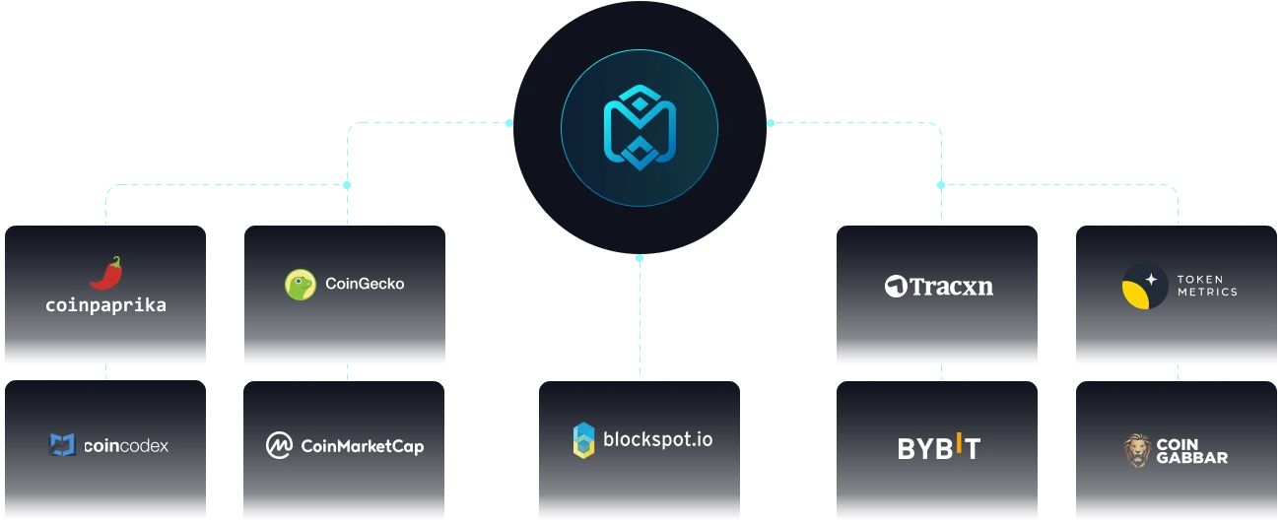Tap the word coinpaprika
[106, 305]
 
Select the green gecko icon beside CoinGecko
[300, 285]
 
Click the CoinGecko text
[365, 284]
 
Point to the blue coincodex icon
[62, 445]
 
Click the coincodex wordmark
[126, 446]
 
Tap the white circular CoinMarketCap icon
[280, 446]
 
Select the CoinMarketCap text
[362, 446]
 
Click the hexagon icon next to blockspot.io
[584, 439]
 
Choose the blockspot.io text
[657, 438]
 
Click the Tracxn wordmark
[951, 287]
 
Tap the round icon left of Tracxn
[895, 287]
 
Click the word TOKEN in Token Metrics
[1200, 280]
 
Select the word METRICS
[1207, 293]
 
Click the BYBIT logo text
[938, 448]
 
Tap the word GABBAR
[1192, 458]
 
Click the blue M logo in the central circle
[640, 129]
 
